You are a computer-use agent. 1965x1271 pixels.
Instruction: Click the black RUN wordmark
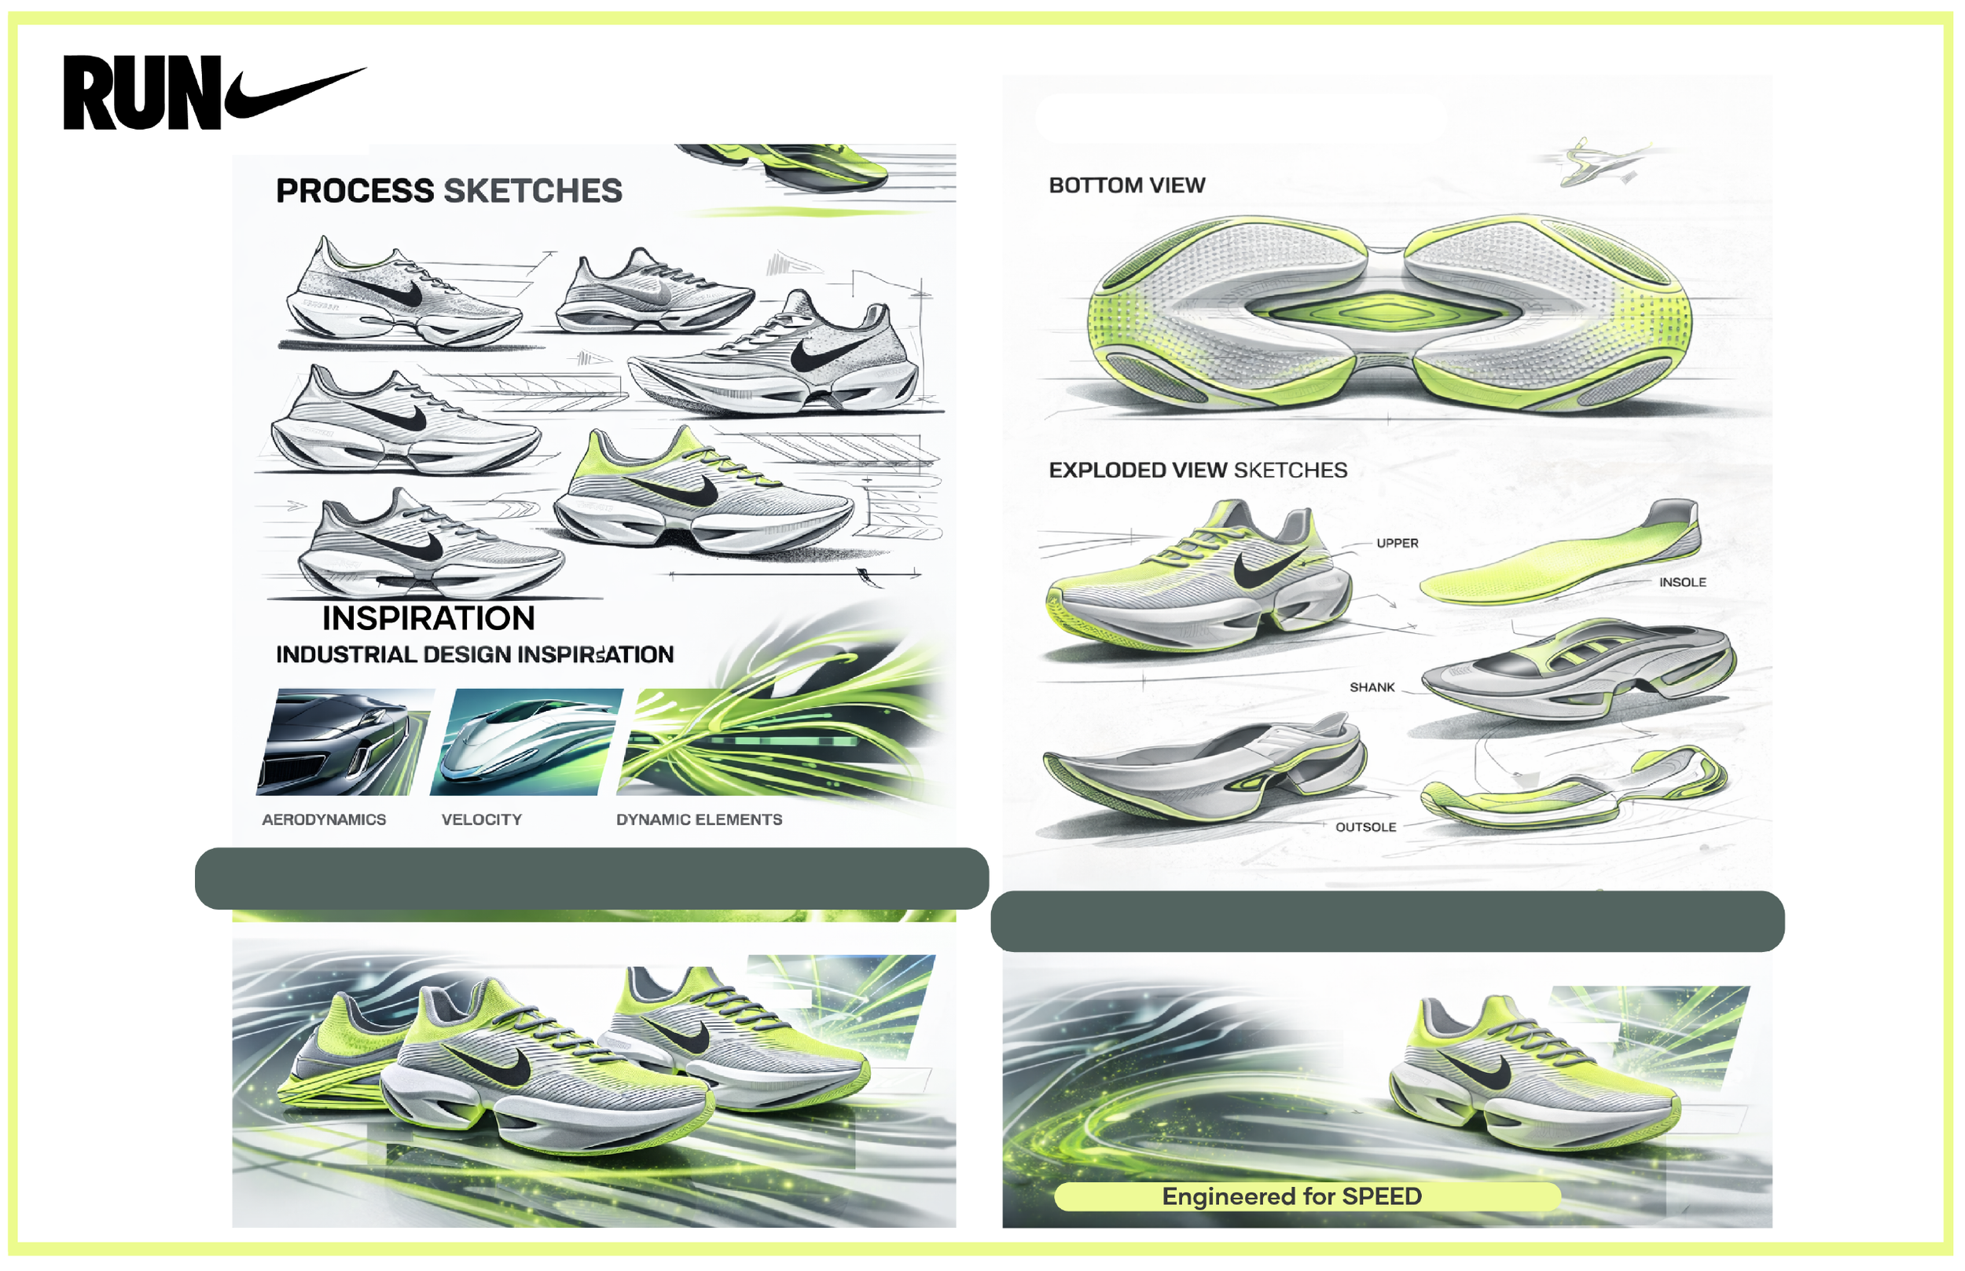(141, 93)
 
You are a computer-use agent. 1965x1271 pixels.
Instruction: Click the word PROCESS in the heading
(354, 191)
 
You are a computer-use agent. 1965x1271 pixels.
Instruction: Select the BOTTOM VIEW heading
(1126, 185)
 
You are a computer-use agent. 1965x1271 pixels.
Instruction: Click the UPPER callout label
(1397, 543)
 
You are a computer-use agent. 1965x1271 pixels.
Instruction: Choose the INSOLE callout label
(1682, 582)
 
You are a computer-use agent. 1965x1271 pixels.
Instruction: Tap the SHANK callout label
(1372, 687)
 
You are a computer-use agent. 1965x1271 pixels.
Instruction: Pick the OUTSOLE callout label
(1365, 827)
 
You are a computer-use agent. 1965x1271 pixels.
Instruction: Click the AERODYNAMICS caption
(324, 819)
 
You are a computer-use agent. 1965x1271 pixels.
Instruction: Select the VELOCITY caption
(481, 819)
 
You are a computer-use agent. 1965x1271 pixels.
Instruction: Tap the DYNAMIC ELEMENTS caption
(699, 819)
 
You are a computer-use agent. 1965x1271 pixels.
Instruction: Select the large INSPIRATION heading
(428, 618)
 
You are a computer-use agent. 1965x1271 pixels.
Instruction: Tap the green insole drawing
(1552, 561)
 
